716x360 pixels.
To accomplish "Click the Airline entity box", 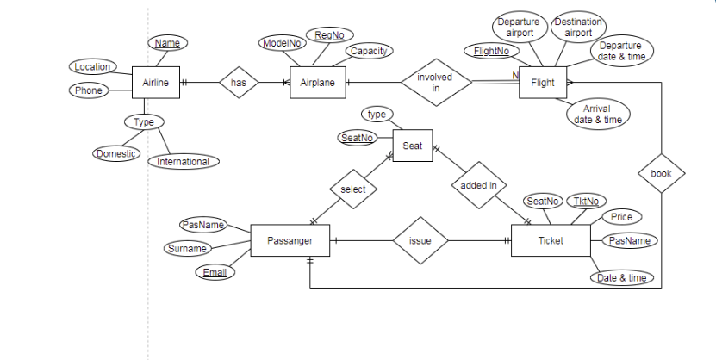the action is click(x=156, y=83).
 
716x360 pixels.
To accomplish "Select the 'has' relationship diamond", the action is click(x=239, y=83).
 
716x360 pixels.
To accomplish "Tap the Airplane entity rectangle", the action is click(x=318, y=83).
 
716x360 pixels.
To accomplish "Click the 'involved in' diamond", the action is click(x=436, y=83).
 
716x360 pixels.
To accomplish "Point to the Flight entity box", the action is click(x=543, y=83).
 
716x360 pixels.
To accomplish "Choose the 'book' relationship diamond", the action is click(x=661, y=173).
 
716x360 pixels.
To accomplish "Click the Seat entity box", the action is click(x=413, y=146).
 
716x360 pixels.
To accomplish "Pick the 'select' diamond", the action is click(x=353, y=189).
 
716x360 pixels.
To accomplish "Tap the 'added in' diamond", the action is click(x=479, y=185).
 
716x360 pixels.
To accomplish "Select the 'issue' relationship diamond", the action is click(x=420, y=240).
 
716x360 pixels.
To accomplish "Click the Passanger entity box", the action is click(x=290, y=240).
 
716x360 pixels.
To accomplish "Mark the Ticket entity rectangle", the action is click(x=551, y=240).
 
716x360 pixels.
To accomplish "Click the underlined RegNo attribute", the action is click(x=330, y=35).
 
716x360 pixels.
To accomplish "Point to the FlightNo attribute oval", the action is click(x=492, y=51).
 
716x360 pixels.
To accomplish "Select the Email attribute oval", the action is click(x=215, y=272).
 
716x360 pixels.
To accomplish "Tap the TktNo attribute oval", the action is click(x=586, y=202).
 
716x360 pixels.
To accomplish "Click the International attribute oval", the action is click(x=184, y=162).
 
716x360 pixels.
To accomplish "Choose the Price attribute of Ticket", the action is click(x=621, y=217).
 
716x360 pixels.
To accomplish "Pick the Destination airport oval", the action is click(x=578, y=28).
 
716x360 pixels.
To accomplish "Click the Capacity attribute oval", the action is click(x=370, y=51).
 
